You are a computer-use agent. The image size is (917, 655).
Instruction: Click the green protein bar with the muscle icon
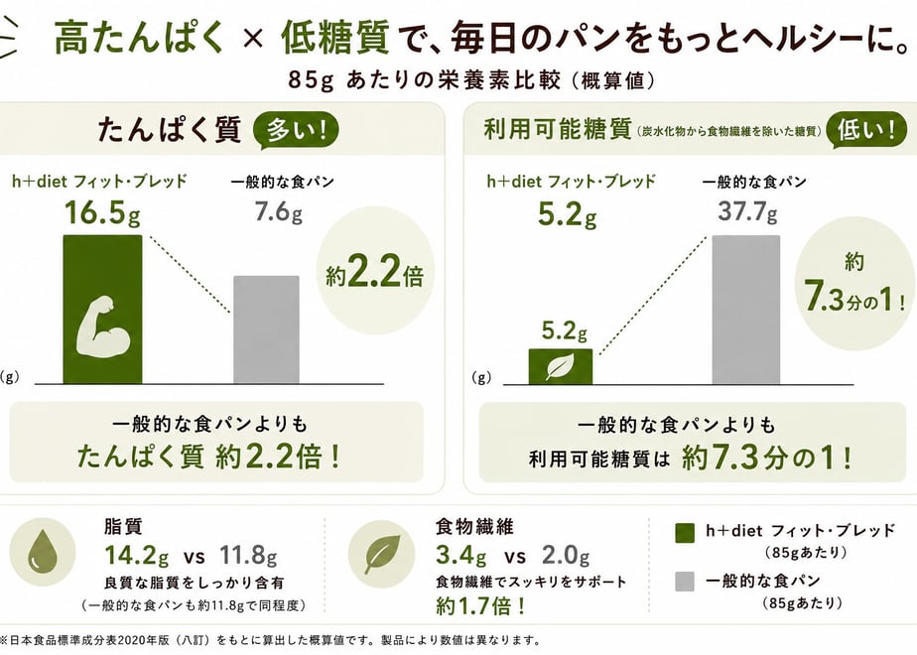[102, 310]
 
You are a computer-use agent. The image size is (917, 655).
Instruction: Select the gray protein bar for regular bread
[266, 329]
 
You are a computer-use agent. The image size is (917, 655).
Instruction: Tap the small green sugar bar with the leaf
[561, 366]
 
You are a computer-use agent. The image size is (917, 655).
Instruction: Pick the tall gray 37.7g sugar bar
[745, 310]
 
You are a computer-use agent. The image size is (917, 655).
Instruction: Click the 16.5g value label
[102, 212]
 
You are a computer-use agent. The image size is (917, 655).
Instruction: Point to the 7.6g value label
[278, 210]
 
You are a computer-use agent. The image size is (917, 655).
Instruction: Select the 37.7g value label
[748, 210]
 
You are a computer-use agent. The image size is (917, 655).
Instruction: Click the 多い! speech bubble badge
[296, 130]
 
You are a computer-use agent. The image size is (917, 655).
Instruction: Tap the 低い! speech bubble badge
[865, 130]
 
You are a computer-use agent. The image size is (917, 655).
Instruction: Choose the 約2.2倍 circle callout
[375, 274]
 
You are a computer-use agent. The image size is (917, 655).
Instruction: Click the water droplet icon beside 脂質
[42, 552]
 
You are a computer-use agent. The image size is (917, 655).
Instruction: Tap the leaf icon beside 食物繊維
[382, 553]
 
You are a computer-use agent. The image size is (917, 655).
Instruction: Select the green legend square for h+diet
[684, 533]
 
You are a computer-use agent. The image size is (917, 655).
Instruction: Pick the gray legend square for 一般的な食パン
[684, 582]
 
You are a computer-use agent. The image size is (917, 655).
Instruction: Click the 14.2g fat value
[136, 556]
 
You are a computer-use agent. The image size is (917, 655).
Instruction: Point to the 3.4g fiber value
[460, 556]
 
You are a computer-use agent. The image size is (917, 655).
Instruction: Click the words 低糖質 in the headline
[335, 38]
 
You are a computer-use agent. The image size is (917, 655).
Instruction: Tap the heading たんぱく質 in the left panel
[169, 130]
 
